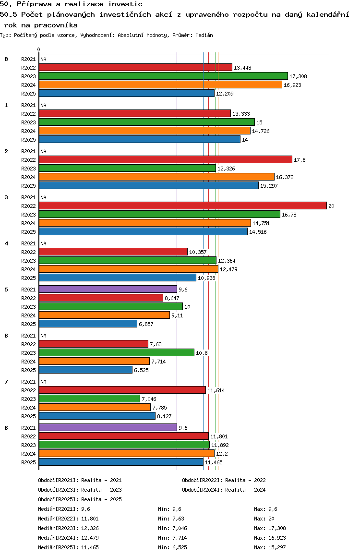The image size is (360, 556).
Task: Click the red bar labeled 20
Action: tap(183, 205)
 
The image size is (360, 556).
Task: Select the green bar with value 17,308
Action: tap(163, 76)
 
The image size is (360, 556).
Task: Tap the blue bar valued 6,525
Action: tap(86, 370)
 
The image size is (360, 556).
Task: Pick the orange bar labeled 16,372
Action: tap(156, 177)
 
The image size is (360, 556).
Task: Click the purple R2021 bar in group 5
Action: tap(108, 290)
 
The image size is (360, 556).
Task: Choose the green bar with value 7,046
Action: tap(90, 399)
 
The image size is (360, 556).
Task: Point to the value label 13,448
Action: tap(242, 68)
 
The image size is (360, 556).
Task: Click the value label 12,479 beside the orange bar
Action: tap(228, 269)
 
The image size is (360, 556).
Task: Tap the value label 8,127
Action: tap(165, 416)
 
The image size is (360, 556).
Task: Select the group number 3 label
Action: tap(6, 197)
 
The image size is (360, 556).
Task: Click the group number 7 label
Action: tap(6, 382)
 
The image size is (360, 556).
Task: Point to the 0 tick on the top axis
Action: tap(38, 49)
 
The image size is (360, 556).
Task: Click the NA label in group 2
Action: tap(43, 151)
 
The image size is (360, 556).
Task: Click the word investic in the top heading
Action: tap(125, 4)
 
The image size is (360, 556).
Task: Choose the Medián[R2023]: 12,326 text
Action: tap(68, 528)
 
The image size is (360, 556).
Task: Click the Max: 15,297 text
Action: tap(270, 547)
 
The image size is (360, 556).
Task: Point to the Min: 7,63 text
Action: tap(171, 519)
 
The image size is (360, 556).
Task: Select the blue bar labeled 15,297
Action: tap(149, 185)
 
